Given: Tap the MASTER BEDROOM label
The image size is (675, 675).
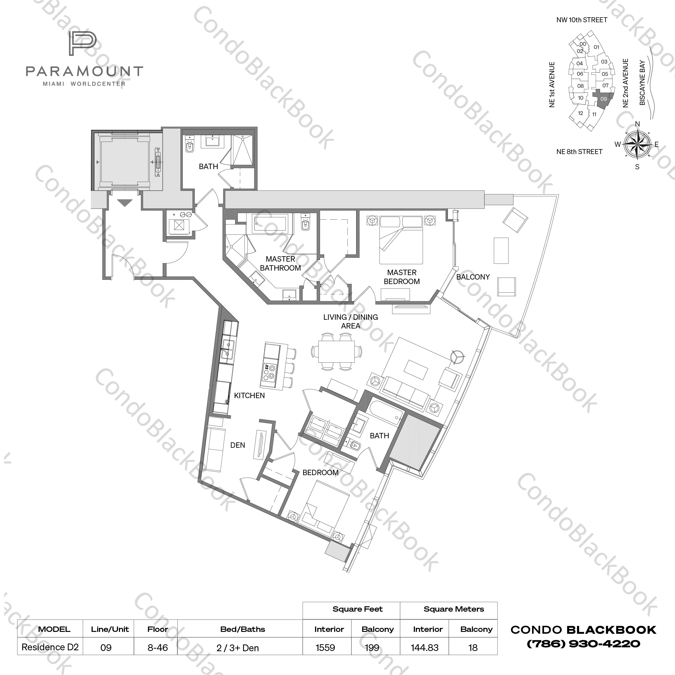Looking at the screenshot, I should pos(401,277).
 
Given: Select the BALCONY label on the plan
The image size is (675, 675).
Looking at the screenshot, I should pos(473,277).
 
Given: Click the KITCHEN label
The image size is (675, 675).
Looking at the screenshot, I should pos(249,395).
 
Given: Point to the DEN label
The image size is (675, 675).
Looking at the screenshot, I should pos(238,445).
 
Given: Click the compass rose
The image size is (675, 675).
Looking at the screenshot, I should pos(637,144).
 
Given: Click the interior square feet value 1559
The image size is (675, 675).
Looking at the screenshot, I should pos(325,647).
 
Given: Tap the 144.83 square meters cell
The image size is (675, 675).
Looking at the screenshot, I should pos(425,647).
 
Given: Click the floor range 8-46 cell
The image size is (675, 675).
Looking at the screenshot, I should pos(158,647).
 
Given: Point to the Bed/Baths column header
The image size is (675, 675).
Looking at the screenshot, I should pos(243,629).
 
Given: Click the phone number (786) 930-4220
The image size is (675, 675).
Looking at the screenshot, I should pos(583,644).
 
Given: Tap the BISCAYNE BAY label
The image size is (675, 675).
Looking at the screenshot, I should pos(642,83).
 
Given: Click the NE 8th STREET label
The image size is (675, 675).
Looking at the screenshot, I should pos(579,152).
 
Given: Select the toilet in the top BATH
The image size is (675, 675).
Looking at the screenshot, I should pos(190,146).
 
